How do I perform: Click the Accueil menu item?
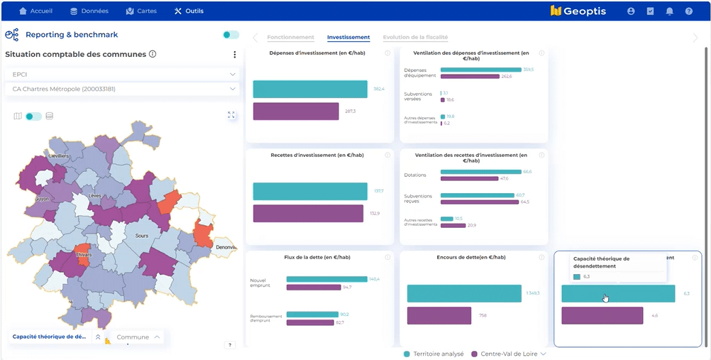(36, 11)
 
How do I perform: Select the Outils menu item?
(188, 11)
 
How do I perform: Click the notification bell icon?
(669, 11)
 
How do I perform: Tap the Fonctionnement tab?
(291, 38)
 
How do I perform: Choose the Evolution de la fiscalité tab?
(415, 38)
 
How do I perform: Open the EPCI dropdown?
(122, 74)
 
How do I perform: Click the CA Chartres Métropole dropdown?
(122, 89)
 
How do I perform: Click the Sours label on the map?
(142, 234)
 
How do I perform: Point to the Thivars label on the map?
(84, 253)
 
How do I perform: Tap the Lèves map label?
(95, 195)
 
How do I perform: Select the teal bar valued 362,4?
(310, 89)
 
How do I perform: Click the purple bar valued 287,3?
(296, 111)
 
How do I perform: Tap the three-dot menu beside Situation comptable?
(235, 55)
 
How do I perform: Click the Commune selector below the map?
(138, 337)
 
